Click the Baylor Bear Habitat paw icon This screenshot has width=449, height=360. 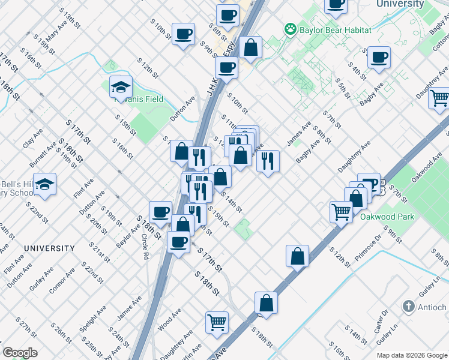point(291,29)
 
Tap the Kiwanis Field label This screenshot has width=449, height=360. point(139,99)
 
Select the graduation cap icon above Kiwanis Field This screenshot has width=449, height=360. point(121,87)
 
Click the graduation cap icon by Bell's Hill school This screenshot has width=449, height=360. point(44,185)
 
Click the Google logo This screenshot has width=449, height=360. point(20,353)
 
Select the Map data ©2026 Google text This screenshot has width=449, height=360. point(412,355)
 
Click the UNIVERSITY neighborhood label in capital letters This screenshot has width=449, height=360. point(49,248)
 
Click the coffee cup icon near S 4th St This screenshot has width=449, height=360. point(379,58)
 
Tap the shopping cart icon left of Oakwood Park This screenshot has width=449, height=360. point(341,211)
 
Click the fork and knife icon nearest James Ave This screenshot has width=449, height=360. point(268,160)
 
